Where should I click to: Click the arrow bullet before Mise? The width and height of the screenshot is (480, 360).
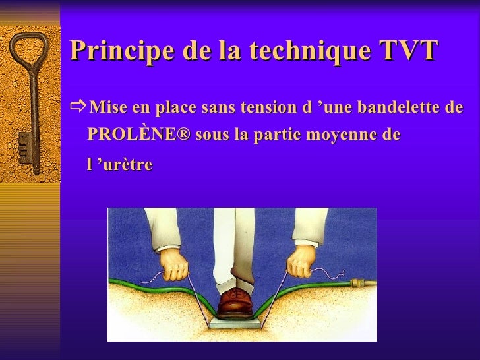(x=77, y=107)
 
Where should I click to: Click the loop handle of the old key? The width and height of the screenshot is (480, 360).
(x=28, y=57)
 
